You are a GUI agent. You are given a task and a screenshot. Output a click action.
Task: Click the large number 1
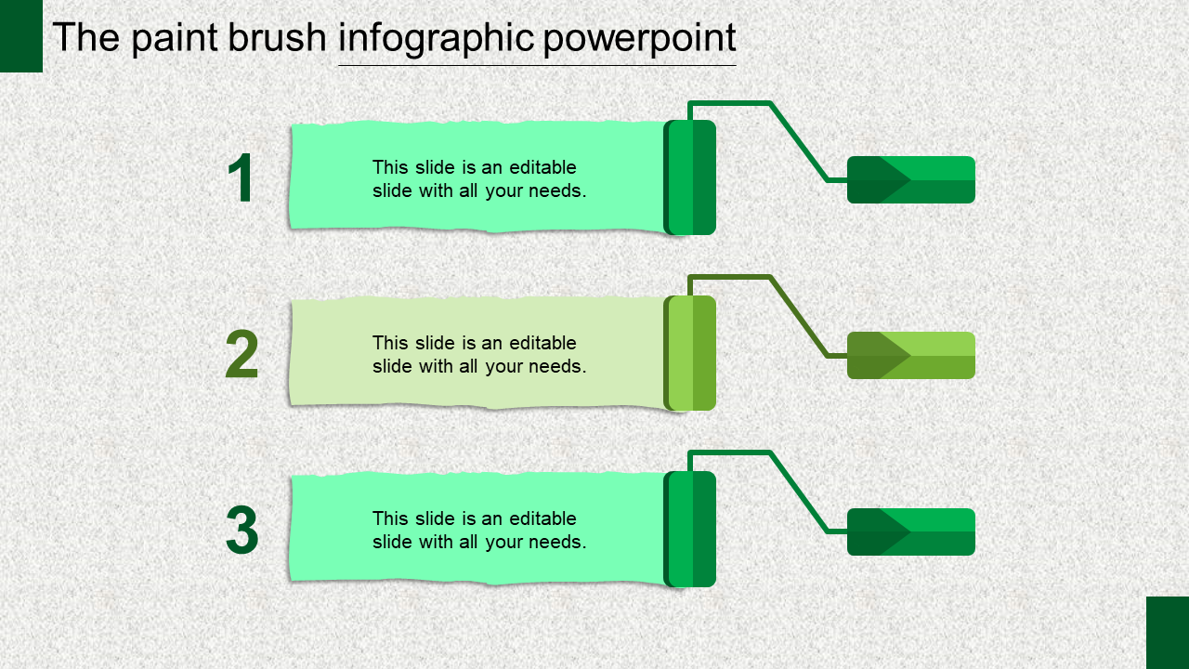click(x=241, y=179)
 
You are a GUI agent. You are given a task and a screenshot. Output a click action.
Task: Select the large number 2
click(x=242, y=356)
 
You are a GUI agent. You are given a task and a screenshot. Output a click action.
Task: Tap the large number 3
click(x=242, y=531)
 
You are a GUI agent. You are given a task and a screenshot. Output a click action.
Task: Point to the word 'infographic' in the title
click(x=436, y=38)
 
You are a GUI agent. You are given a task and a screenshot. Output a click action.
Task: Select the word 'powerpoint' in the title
click(x=639, y=38)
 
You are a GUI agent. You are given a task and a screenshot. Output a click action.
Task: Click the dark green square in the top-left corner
click(x=20, y=35)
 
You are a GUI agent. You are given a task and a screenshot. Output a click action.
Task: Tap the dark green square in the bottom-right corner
click(x=1168, y=633)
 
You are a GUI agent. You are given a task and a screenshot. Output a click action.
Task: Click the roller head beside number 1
click(x=690, y=177)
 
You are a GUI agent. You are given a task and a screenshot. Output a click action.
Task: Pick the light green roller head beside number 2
click(x=690, y=353)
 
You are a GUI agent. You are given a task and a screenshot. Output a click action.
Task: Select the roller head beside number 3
click(x=690, y=530)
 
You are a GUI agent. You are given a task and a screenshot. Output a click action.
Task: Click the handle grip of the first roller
click(x=910, y=179)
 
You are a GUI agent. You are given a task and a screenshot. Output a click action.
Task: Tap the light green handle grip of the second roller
click(x=910, y=355)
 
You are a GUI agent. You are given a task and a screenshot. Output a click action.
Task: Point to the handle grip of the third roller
click(x=910, y=531)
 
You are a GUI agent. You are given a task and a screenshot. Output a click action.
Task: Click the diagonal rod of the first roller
click(x=798, y=141)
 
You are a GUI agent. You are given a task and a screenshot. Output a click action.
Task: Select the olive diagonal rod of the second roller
click(x=798, y=317)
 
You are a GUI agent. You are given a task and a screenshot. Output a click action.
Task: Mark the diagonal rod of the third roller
click(x=798, y=492)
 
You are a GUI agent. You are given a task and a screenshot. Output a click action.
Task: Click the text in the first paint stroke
click(x=479, y=179)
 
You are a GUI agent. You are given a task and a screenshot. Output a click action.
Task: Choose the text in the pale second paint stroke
click(x=479, y=355)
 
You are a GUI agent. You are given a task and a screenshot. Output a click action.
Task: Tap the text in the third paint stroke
click(x=479, y=531)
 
